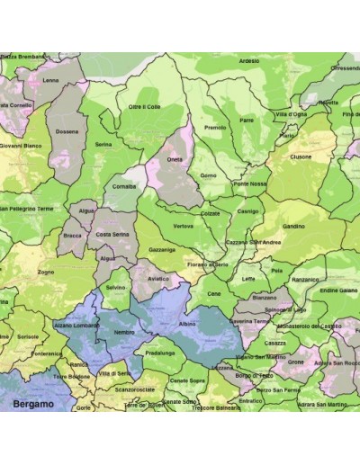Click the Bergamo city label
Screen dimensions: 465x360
click(x=33, y=405)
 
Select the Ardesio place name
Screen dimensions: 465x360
click(x=249, y=61)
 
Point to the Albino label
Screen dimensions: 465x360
click(x=187, y=322)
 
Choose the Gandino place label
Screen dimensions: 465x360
click(x=293, y=227)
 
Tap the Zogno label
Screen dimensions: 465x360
click(x=46, y=271)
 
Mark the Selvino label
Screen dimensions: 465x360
click(x=115, y=287)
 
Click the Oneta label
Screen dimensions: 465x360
click(x=175, y=160)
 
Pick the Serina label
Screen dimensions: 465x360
click(x=103, y=144)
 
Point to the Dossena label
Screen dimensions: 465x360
click(x=67, y=131)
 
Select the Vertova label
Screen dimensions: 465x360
click(x=183, y=226)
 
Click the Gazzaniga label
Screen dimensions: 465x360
click(x=162, y=248)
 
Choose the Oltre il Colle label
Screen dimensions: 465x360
click(x=144, y=107)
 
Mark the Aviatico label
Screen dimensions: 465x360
click(x=157, y=279)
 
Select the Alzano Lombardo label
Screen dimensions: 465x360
click(x=76, y=324)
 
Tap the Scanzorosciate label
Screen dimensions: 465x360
click(x=135, y=389)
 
